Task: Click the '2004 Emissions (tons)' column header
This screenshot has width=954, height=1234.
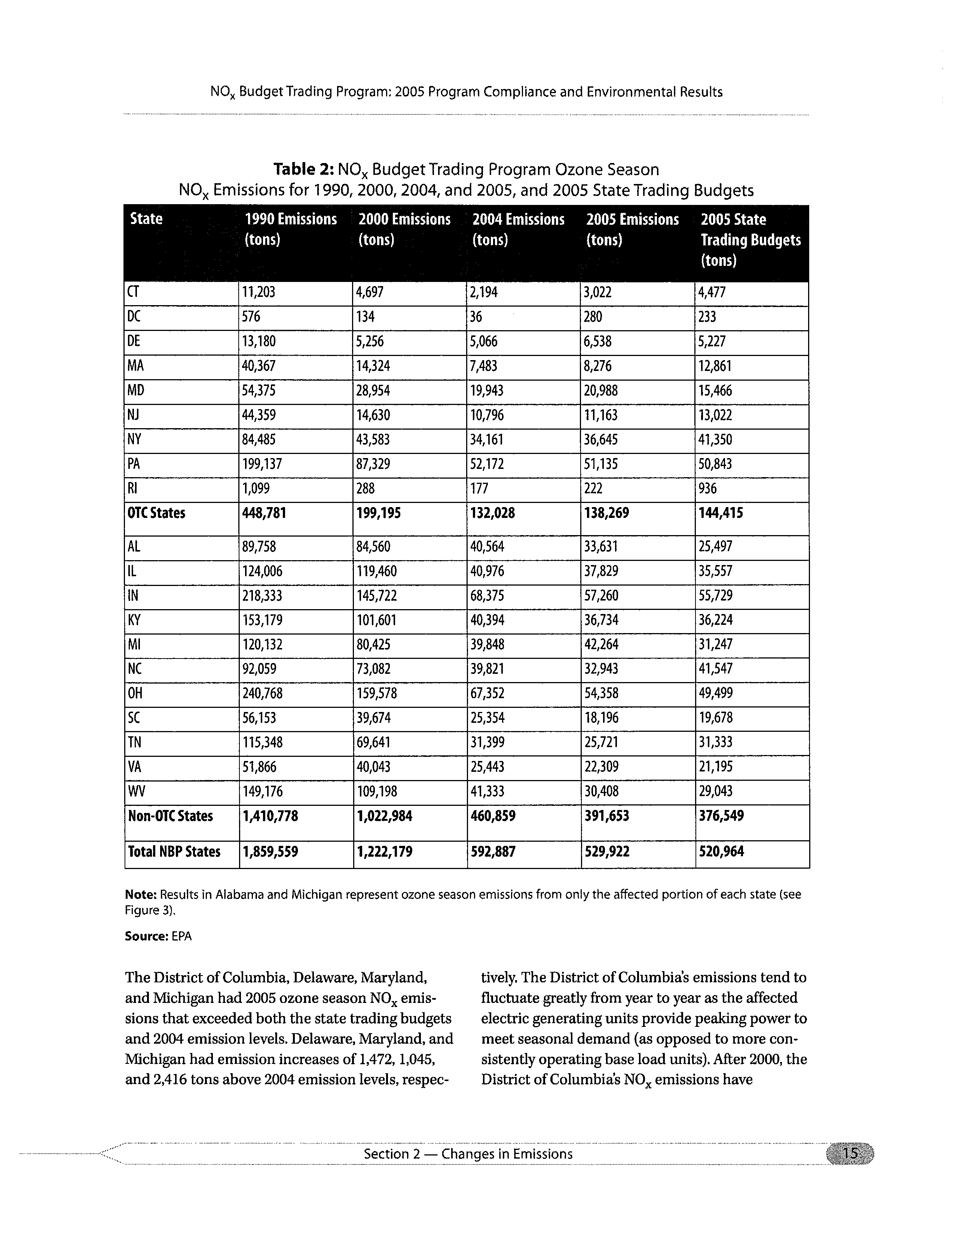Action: pos(518,229)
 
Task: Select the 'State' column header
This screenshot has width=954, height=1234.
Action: pos(146,219)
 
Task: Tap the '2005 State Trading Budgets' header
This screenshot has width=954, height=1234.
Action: pos(750,240)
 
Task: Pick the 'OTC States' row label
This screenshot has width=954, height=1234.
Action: pos(156,513)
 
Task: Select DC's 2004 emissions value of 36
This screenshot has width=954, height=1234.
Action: pos(476,317)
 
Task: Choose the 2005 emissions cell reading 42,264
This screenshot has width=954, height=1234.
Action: pos(601,645)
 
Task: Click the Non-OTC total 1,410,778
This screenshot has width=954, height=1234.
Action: pos(270,816)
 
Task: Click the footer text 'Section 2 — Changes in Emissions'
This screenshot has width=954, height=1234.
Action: pos(468,1154)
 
